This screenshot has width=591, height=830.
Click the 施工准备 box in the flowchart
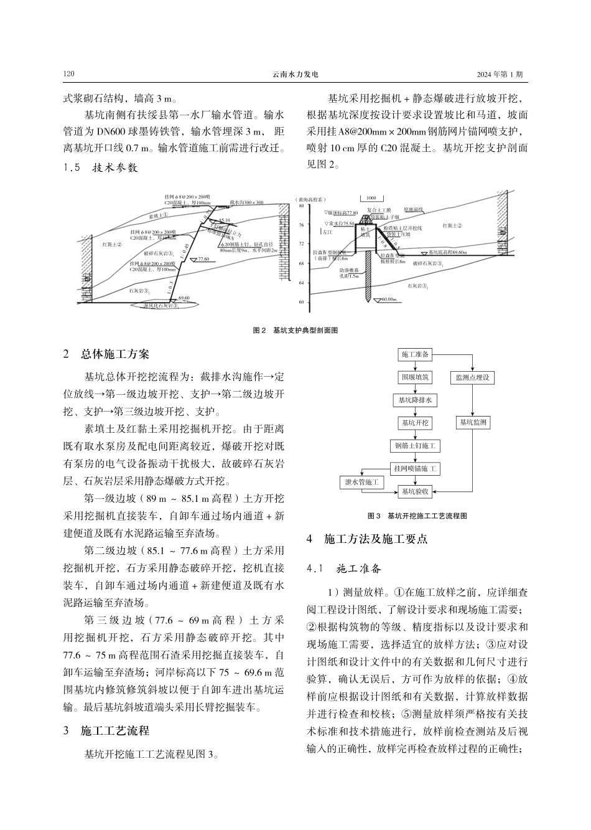click(415, 354)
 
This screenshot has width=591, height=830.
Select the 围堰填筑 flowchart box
click(415, 377)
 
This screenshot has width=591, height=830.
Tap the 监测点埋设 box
click(473, 377)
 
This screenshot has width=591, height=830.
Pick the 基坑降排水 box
click(415, 400)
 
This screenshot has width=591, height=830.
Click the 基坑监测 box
click(473, 423)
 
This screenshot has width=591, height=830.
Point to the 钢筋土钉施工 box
click(415, 446)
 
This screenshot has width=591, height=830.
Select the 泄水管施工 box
click(361, 482)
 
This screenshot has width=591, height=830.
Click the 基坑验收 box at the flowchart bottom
click(415, 491)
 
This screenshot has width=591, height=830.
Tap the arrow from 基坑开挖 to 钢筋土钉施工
click(415, 435)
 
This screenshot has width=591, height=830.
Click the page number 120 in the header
click(69, 74)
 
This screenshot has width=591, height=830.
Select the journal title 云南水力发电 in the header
click(295, 74)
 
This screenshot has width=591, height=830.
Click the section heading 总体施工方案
click(115, 355)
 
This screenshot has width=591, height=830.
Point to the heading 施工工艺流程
click(115, 731)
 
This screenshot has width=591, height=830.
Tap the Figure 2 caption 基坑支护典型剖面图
click(304, 330)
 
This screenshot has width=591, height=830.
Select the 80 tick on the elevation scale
click(301, 205)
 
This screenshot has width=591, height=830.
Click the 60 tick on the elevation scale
click(301, 303)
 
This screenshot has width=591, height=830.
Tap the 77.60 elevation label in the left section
click(203, 260)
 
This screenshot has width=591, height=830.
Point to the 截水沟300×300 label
click(246, 203)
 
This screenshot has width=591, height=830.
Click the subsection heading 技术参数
click(115, 168)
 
